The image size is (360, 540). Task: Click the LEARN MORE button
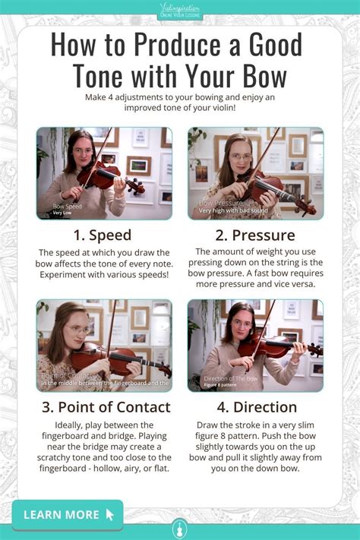coord(68,514)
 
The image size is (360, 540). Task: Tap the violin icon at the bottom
coord(180,527)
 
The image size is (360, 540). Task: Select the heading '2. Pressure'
coord(255,235)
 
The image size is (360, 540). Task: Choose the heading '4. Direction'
coord(255,406)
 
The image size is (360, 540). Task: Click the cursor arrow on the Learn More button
coord(111,515)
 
